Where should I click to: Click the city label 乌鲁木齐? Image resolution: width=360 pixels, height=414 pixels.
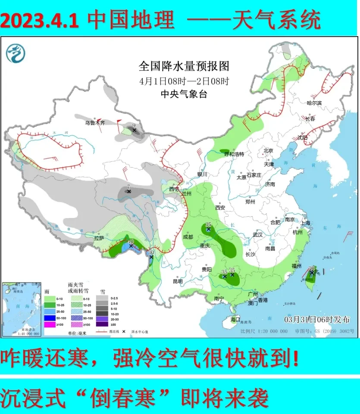(x=94, y=123)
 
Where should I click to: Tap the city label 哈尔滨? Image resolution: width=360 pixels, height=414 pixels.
(x=314, y=103)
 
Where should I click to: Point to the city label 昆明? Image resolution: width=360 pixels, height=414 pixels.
(x=178, y=281)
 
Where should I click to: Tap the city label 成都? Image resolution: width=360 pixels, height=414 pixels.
(x=188, y=237)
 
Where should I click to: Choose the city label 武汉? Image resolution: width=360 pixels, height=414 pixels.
(x=258, y=235)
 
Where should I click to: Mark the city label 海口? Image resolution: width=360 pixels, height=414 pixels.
(x=235, y=320)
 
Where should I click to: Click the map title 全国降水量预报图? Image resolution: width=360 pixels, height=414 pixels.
(x=183, y=66)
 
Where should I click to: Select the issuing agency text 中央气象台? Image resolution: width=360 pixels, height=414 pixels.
(x=183, y=94)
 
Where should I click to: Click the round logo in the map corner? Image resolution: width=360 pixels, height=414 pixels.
(x=16, y=53)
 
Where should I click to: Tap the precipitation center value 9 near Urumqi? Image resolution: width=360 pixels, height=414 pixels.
(x=134, y=125)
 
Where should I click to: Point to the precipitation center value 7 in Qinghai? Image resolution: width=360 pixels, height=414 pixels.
(x=128, y=186)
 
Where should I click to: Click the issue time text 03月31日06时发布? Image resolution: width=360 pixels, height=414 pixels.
(x=317, y=319)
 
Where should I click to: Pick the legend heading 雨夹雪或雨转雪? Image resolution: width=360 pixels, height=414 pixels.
(x=78, y=289)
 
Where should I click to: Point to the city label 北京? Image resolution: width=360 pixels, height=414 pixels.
(x=268, y=150)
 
